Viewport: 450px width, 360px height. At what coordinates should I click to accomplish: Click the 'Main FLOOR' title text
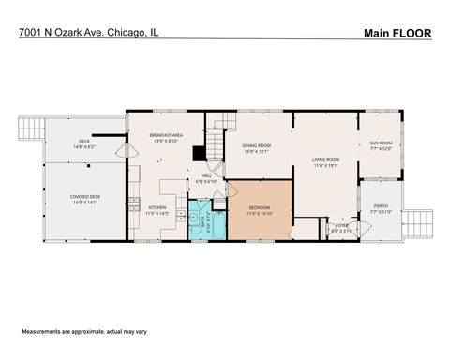(397, 33)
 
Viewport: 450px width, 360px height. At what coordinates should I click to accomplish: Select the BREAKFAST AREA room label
(165, 138)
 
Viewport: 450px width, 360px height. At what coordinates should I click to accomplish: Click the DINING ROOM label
(257, 148)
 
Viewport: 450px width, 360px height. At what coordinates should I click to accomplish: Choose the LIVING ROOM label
(325, 162)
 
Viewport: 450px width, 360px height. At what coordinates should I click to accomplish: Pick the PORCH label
(380, 208)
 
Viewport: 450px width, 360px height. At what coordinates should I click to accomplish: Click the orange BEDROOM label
(260, 209)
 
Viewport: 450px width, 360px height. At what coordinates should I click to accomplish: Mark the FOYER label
(342, 226)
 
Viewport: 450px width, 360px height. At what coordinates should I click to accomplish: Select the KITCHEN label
(158, 210)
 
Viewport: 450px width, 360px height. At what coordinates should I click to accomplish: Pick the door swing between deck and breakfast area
(121, 149)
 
